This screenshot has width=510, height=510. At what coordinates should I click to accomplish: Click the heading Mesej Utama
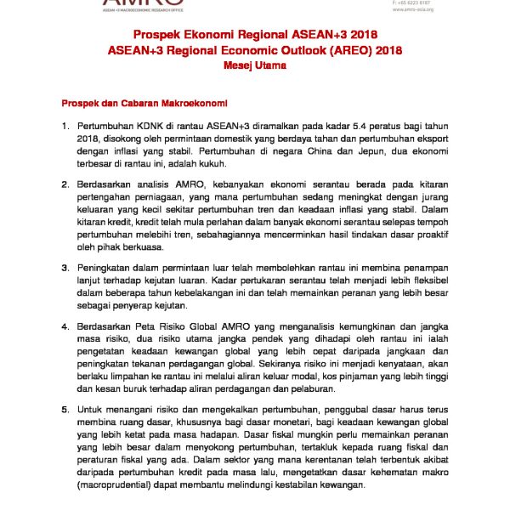pos(255,65)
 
